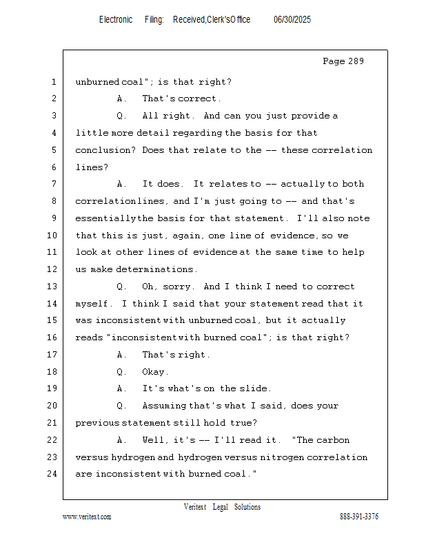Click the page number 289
tap(356, 61)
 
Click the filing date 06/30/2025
tap(292, 19)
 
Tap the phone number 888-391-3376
tap(359, 517)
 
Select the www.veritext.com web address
tap(87, 517)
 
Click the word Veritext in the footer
tap(195, 507)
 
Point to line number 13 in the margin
tap(52, 287)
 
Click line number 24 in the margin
tap(52, 474)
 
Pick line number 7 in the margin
tap(54, 184)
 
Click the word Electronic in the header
tap(116, 19)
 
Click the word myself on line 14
tap(92, 304)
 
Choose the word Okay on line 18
tap(154, 372)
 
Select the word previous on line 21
tap(97, 423)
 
